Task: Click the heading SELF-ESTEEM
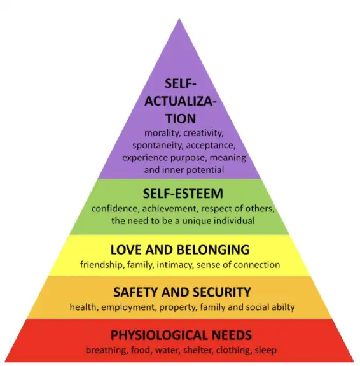point(183,194)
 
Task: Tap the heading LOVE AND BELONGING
point(180,250)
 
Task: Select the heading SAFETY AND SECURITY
point(182,292)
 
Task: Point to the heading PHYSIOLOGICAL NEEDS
point(181,335)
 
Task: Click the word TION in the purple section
point(181,118)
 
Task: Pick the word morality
point(163,133)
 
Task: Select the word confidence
point(116,208)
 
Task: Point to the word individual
point(234,221)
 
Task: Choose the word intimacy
point(175,265)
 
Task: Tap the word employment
point(128,307)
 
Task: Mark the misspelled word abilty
point(283,307)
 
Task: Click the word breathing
point(107,350)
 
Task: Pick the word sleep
point(265,350)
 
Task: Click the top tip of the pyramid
point(179,18)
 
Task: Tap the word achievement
point(170,208)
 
